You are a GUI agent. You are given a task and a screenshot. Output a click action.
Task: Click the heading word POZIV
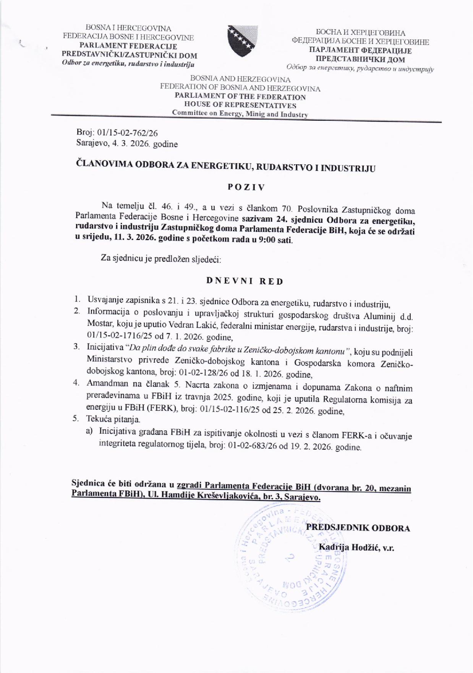pos(246,187)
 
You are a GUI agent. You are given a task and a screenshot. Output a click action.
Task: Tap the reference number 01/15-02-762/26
pos(128,133)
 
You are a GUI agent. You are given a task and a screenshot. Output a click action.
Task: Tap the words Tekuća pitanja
pos(113,419)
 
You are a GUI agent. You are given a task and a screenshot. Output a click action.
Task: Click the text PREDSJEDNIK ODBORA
pos(358,528)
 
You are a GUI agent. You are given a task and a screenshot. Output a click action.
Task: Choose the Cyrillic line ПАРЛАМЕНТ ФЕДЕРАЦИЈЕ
pos(360,50)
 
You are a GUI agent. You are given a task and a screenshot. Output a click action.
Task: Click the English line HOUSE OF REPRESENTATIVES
pos(240,105)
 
